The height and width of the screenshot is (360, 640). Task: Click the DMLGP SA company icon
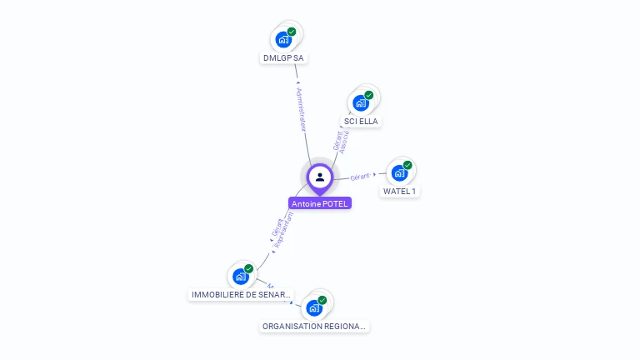tap(284, 38)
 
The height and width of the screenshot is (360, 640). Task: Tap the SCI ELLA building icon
tap(361, 102)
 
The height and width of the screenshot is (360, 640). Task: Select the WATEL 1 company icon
tap(400, 172)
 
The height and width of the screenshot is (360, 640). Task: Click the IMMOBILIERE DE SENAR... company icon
tap(241, 276)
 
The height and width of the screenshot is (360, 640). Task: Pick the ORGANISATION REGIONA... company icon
tap(314, 307)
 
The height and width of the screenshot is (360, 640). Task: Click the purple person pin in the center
tap(320, 177)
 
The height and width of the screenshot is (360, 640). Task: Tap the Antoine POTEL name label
tap(320, 203)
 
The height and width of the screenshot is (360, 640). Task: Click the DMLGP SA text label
tap(284, 58)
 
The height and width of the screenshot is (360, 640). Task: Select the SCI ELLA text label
tap(361, 122)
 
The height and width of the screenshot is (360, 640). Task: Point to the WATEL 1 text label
tap(400, 192)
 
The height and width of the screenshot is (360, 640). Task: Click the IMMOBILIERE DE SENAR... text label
tap(241, 295)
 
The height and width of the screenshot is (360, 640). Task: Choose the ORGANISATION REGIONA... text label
tap(314, 327)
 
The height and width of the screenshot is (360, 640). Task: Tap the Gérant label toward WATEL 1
tap(360, 177)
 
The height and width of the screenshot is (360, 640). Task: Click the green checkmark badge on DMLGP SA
tap(292, 32)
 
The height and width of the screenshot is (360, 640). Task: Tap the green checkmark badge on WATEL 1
tap(407, 165)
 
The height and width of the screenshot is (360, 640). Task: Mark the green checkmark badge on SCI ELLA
tap(368, 95)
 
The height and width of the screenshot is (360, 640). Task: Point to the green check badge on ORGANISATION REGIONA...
tap(322, 300)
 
